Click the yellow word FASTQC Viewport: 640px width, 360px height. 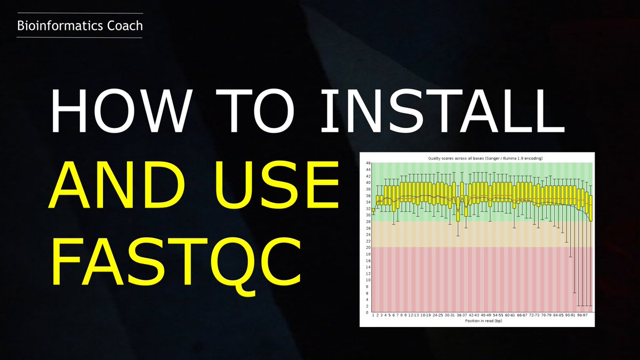176,262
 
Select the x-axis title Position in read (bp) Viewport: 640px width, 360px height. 482,321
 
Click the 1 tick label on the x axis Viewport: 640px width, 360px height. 373,315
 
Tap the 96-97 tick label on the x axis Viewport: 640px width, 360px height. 582,315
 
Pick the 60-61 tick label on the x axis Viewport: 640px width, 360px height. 509,315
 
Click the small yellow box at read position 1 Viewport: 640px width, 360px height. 373,211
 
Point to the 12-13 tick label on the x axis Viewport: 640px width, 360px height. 413,315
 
